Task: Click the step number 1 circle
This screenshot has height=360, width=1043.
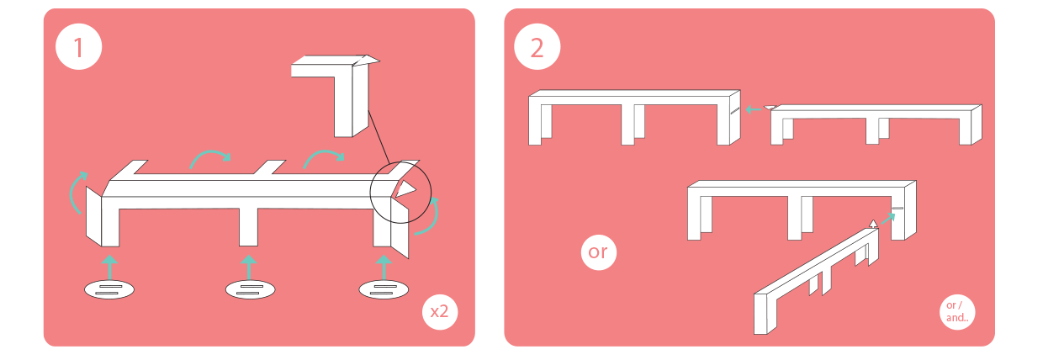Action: tap(78, 47)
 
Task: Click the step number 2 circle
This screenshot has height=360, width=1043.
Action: tap(537, 47)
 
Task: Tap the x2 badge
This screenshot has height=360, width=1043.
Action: tap(440, 311)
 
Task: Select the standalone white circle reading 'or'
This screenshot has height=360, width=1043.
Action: tap(598, 252)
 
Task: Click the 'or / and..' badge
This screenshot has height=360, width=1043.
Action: tap(957, 312)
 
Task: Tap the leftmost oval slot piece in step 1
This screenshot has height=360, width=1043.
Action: tap(109, 289)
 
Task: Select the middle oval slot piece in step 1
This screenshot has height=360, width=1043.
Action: tap(250, 289)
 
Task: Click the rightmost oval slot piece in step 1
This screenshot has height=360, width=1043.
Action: tap(384, 289)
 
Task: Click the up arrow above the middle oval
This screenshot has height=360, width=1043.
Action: tap(249, 267)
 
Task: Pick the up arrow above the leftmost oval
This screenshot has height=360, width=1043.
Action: tap(109, 267)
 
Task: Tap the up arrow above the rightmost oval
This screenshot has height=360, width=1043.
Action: tap(384, 267)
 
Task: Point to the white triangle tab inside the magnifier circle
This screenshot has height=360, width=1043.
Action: tap(405, 188)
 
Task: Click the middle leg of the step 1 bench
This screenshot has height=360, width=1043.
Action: tap(248, 227)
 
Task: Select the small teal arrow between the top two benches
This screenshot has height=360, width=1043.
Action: tap(754, 109)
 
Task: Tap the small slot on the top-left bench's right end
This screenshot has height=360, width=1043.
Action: tap(735, 110)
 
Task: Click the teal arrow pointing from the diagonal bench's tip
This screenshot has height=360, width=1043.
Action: tap(888, 219)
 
